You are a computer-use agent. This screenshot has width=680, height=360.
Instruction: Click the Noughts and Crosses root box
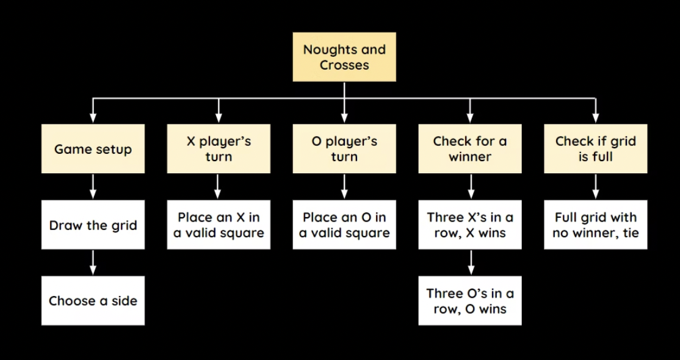point(344,57)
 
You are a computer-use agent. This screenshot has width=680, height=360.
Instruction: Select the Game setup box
point(93,149)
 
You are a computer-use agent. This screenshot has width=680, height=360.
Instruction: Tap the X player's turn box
point(219,149)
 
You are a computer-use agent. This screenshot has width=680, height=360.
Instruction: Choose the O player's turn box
point(344,149)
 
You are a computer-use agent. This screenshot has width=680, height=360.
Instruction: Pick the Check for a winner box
point(470,149)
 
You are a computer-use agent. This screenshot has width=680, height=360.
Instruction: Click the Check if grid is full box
point(596,149)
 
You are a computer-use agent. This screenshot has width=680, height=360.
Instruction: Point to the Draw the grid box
point(93,225)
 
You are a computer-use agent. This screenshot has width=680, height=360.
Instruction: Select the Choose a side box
point(93,300)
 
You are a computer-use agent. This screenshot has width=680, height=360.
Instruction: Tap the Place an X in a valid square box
point(219,225)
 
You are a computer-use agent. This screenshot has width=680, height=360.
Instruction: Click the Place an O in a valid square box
point(344,225)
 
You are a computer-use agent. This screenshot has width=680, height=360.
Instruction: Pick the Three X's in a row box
point(470,225)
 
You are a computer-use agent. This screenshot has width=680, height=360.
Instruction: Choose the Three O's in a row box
point(470,300)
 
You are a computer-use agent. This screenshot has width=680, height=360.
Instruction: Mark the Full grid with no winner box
point(596,225)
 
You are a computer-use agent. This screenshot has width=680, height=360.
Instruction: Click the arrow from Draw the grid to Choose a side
point(93,262)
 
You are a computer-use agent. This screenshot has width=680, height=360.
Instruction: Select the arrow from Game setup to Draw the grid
point(93,187)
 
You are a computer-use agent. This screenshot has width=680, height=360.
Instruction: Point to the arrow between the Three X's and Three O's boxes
point(470,262)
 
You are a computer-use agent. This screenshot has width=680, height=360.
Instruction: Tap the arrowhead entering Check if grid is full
point(596,118)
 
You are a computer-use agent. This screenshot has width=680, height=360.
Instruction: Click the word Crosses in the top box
point(344,65)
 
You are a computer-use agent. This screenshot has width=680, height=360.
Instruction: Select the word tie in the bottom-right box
point(631,232)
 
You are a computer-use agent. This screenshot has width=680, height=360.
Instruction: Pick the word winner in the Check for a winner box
point(470,157)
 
